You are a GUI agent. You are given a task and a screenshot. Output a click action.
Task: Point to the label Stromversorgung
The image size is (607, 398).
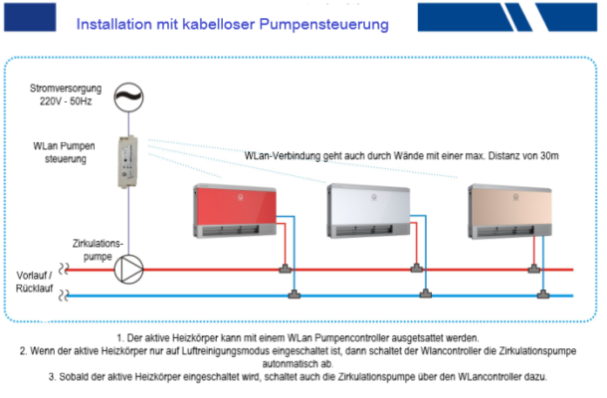tap(63, 89)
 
